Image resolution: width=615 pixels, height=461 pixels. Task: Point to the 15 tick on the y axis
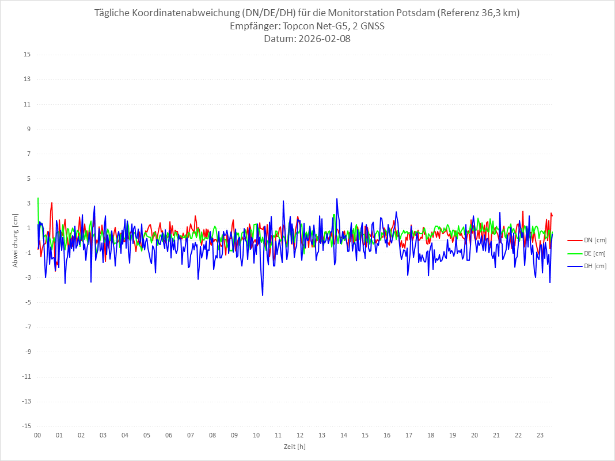[x=27, y=55]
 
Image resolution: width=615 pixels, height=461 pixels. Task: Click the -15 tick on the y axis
[x=26, y=426]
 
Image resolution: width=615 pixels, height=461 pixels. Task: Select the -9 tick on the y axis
[x=27, y=352]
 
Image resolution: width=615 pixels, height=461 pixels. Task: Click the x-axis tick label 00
[x=37, y=435]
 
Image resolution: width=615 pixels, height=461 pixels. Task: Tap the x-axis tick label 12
[x=300, y=435]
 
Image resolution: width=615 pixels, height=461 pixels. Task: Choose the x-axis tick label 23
[x=540, y=435]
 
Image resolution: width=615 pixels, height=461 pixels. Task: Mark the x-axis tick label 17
[x=409, y=435]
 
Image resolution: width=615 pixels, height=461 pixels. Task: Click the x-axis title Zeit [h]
[x=295, y=446]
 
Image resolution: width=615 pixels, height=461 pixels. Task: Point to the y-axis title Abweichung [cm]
[x=16, y=240]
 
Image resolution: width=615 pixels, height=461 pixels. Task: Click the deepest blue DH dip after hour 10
[x=263, y=295]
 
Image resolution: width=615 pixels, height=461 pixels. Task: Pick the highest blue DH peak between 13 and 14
[x=337, y=199]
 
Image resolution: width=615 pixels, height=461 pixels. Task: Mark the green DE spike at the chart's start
[x=38, y=198]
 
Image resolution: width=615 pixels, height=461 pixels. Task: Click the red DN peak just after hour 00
[x=52, y=203]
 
